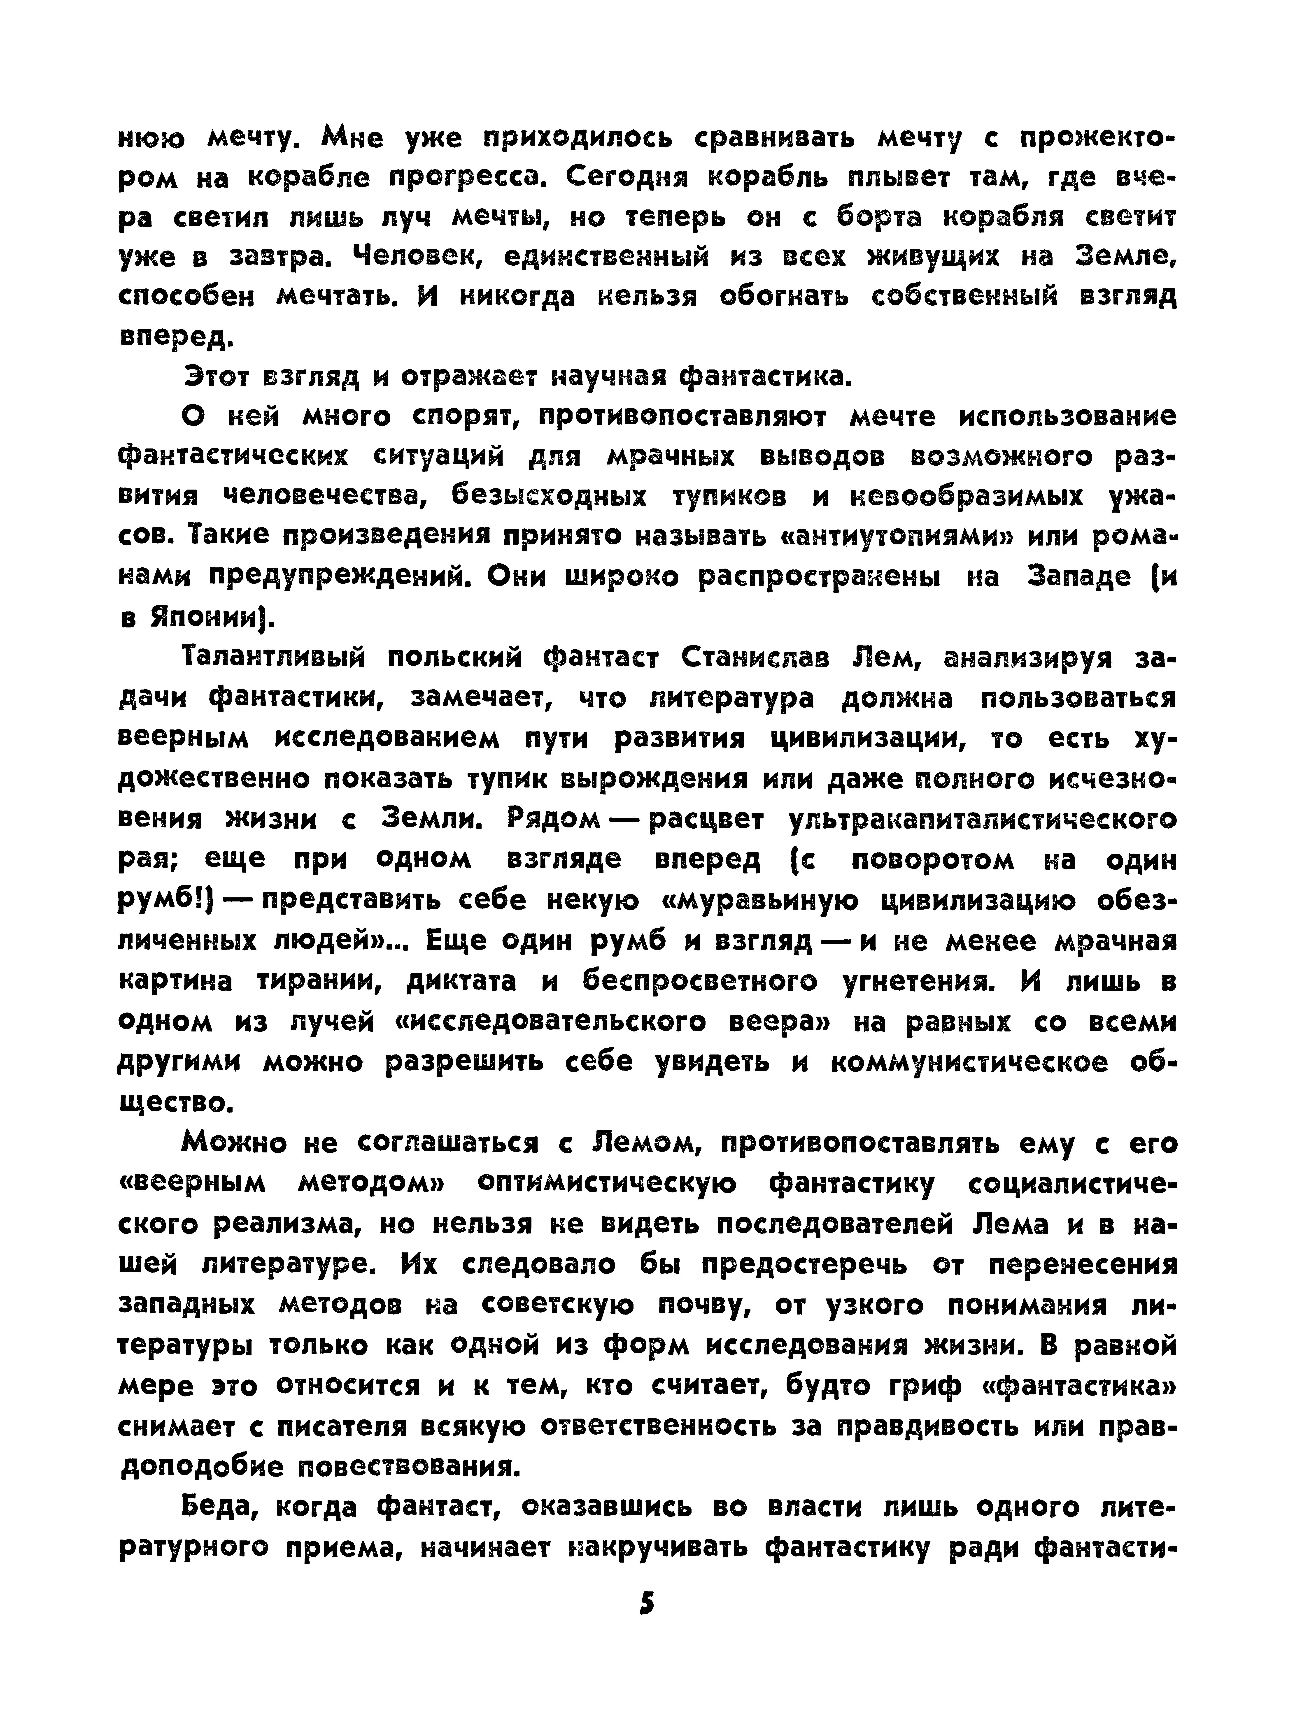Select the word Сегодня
627,178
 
